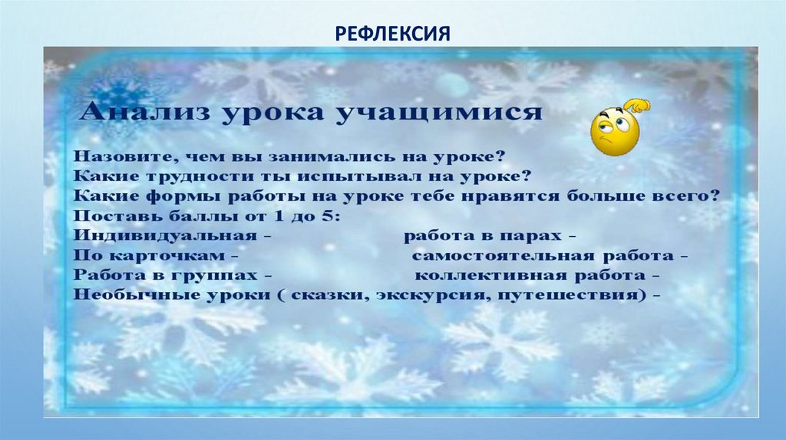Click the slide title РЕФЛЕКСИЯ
[392, 33]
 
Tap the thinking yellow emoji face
[616, 131]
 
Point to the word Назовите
[122, 156]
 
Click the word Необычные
[128, 294]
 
